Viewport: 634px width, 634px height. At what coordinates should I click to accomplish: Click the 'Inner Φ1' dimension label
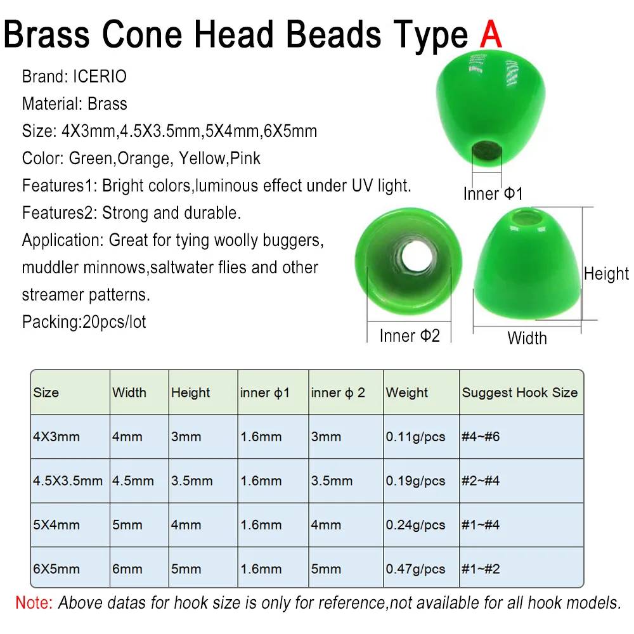coord(493,193)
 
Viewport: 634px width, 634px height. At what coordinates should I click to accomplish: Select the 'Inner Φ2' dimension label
coord(409,335)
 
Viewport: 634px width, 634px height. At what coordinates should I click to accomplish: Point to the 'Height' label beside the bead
coord(606,274)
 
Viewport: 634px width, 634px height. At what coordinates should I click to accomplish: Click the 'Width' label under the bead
coord(527,338)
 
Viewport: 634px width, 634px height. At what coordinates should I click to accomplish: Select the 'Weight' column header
coord(407,392)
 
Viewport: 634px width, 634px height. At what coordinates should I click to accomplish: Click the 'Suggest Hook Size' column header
coord(519,392)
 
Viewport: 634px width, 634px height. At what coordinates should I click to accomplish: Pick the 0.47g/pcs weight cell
coord(415,569)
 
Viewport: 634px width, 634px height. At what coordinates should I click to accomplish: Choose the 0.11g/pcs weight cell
coord(415,437)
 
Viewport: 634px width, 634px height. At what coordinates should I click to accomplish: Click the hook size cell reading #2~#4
coord(481,481)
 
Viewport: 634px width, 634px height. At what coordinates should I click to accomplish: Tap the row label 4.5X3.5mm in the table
coord(68,481)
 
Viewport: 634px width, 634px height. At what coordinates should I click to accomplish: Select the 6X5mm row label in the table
coord(56,569)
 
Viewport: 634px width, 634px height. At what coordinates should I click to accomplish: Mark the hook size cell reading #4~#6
coord(481,437)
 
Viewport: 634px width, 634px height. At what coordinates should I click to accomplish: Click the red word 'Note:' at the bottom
coord(34,602)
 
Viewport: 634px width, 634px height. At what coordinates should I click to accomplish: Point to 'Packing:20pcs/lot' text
coord(84,322)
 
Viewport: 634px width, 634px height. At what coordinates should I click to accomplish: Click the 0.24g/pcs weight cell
coord(415,525)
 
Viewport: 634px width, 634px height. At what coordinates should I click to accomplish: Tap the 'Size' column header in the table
coord(46,392)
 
